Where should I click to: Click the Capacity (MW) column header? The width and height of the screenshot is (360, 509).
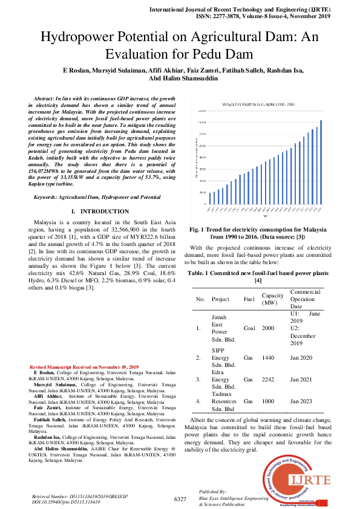[x=272, y=299]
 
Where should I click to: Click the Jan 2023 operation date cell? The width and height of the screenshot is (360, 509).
[x=301, y=401]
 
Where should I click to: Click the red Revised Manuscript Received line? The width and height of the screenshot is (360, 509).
[x=84, y=367]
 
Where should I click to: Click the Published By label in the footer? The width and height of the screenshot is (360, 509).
[x=212, y=492]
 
